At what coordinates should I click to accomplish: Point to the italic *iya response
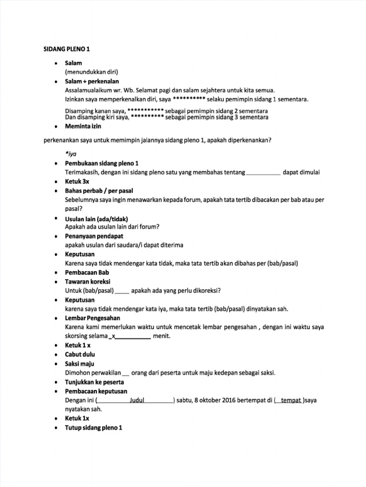(x=71, y=154)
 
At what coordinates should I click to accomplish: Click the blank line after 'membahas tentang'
(x=264, y=172)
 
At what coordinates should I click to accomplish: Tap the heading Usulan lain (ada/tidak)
(x=96, y=218)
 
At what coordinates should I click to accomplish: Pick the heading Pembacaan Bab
(x=87, y=273)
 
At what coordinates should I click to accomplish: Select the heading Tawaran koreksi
(x=87, y=282)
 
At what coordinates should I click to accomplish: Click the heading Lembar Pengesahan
(x=92, y=318)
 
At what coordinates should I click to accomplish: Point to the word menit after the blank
(x=162, y=336)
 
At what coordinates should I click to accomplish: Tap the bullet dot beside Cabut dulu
(x=56, y=355)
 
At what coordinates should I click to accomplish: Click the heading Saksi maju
(x=80, y=364)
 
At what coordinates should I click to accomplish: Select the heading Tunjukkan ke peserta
(x=94, y=382)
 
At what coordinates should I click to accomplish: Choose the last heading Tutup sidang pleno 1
(x=94, y=428)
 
